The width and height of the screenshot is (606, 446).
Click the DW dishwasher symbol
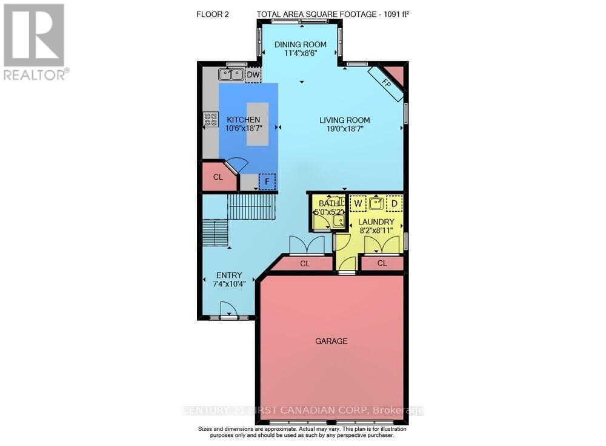(x=253, y=75)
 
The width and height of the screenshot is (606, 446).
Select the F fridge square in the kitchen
(x=267, y=181)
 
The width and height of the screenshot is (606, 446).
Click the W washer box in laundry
(x=358, y=203)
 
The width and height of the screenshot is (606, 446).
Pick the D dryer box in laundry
(x=394, y=203)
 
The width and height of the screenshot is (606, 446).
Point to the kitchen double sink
(x=231, y=75)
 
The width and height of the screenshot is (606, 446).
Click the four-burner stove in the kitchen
(x=210, y=119)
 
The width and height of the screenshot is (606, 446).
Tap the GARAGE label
(x=331, y=341)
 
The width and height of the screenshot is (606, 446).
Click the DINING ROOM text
(x=301, y=44)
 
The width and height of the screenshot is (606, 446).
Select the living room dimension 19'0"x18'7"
(x=345, y=129)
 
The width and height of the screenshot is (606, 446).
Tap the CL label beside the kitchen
(x=218, y=177)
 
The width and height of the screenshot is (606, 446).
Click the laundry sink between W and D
(x=376, y=203)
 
